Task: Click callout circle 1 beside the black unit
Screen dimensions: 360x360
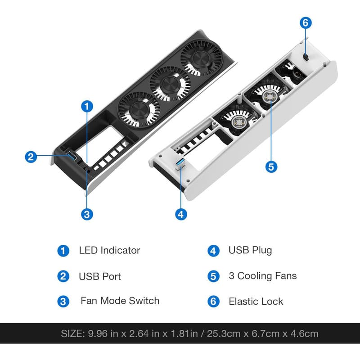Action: [87, 107]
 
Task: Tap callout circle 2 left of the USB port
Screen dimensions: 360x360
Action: [31, 157]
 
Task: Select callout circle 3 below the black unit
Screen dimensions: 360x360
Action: [87, 215]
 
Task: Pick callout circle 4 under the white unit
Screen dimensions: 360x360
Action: [181, 215]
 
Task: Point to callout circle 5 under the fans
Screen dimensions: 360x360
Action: [271, 166]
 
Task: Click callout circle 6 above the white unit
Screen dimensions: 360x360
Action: [306, 23]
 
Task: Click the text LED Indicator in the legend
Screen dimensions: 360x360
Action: [109, 250]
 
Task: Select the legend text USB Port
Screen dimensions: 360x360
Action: [99, 276]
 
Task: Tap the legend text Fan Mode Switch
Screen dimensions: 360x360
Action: [120, 301]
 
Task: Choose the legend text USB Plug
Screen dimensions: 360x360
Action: [250, 251]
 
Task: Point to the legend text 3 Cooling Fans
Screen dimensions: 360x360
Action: [263, 276]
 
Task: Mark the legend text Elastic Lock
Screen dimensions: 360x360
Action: [256, 301]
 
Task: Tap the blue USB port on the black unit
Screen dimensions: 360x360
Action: [72, 155]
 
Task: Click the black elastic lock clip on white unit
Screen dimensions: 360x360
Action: [306, 57]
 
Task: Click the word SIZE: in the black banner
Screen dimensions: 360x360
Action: [73, 333]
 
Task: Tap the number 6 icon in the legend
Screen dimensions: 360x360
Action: [213, 301]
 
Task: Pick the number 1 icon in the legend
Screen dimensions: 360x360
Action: [63, 251]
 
